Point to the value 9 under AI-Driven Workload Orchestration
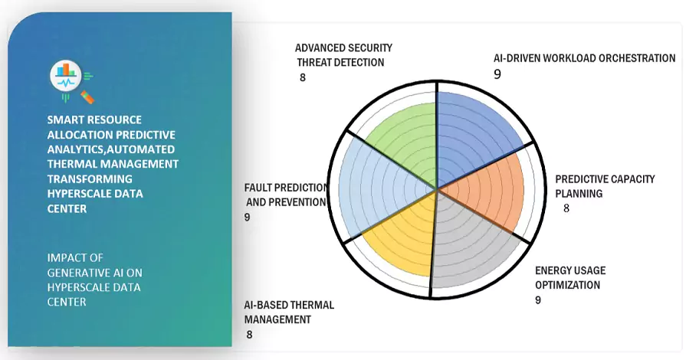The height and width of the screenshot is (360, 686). (x=497, y=74)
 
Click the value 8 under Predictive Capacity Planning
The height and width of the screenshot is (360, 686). (x=566, y=208)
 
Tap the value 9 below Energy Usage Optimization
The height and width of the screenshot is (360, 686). (x=538, y=300)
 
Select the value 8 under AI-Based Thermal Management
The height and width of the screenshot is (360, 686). (x=249, y=335)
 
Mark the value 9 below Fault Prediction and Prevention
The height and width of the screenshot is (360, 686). (x=247, y=218)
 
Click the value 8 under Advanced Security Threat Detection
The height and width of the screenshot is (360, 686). (x=302, y=78)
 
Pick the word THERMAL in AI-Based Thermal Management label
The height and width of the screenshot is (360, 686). (x=311, y=305)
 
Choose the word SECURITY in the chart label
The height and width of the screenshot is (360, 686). (x=369, y=47)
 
